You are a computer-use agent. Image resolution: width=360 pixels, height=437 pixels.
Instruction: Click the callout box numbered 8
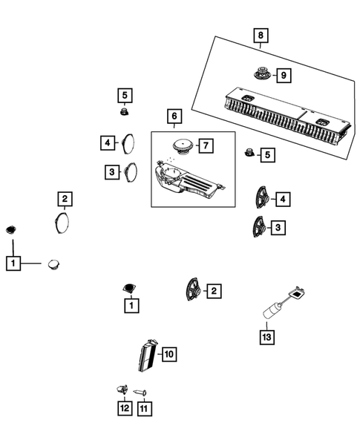(259, 35)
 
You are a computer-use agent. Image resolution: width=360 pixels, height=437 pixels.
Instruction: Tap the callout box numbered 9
(284, 74)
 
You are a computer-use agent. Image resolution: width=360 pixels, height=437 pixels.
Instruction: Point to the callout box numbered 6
(174, 116)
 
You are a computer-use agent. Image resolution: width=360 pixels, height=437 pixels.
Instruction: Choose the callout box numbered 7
(206, 145)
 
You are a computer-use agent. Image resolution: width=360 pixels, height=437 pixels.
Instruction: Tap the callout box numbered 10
(168, 355)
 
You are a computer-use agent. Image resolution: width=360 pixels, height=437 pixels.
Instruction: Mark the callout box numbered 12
(122, 407)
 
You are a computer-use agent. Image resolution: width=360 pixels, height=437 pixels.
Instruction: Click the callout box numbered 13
(266, 338)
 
